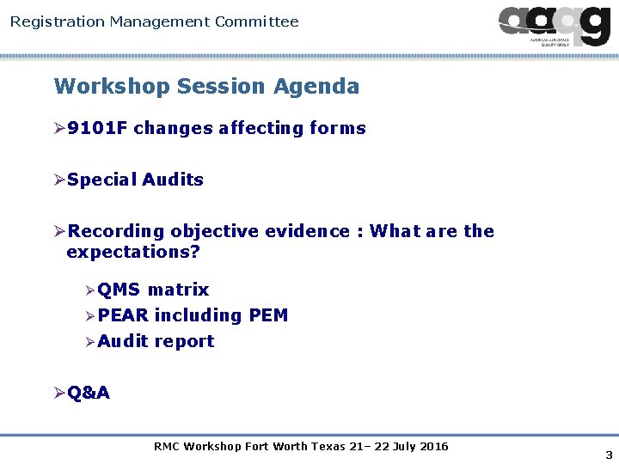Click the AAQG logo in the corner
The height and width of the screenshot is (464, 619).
[555, 26]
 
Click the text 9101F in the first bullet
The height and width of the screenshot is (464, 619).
[97, 129]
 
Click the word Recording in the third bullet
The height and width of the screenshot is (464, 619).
[116, 232]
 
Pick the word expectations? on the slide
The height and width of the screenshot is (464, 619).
[133, 253]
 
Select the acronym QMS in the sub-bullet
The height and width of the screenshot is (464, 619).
[120, 290]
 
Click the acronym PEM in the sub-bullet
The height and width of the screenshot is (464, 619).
[268, 316]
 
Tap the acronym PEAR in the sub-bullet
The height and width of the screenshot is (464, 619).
[123, 316]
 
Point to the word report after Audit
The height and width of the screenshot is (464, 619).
[185, 342]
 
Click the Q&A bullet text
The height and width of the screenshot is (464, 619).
[89, 394]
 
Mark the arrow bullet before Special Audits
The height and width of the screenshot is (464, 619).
[59, 180]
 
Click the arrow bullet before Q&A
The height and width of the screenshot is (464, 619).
[59, 394]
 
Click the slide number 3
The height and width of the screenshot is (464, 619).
[609, 455]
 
